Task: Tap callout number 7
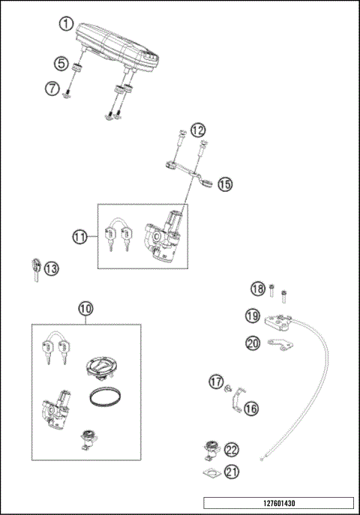tap(52, 88)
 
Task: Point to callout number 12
tap(198, 130)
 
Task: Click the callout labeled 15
tap(225, 184)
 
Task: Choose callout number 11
tap(80, 237)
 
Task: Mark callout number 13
tap(51, 268)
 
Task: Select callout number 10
tap(86, 307)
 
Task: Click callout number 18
tap(257, 289)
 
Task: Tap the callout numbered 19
tap(253, 316)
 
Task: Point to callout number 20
tap(253, 343)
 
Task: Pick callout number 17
tap(216, 382)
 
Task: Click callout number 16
tap(250, 409)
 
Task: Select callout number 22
tap(232, 450)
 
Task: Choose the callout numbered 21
tap(232, 471)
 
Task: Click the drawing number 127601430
tap(277, 503)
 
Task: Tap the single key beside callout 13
tap(34, 268)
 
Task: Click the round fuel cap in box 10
tap(100, 367)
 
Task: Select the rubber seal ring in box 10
tap(103, 397)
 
